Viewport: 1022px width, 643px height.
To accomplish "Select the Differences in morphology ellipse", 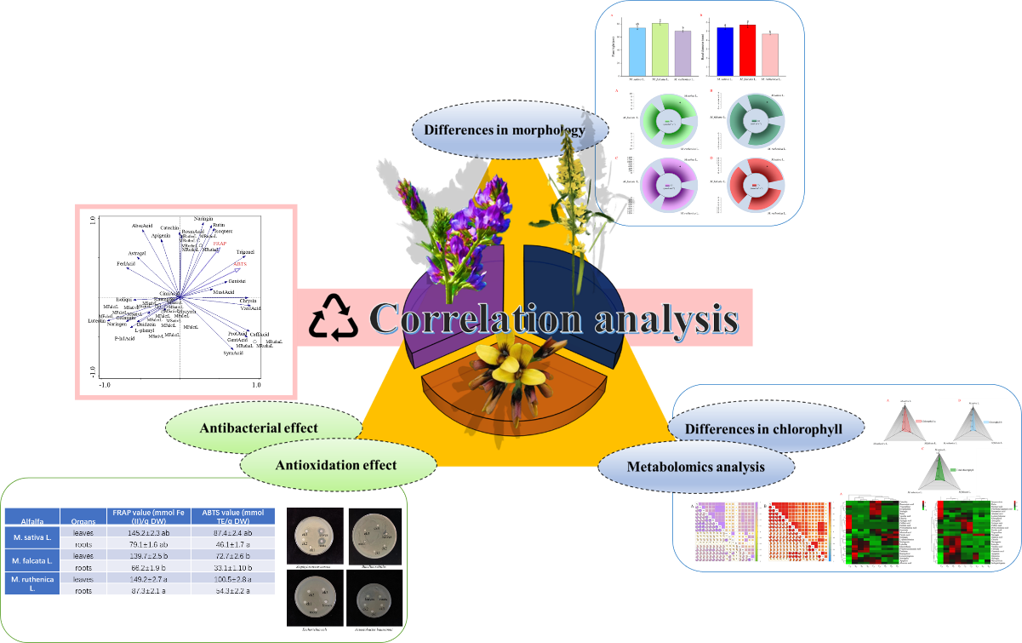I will pos(511,130).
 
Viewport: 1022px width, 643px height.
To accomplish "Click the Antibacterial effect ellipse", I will pos(259,428).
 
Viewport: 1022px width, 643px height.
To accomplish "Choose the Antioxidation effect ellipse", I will pos(337,464).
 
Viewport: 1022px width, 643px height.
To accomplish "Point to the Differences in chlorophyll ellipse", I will pos(767,429).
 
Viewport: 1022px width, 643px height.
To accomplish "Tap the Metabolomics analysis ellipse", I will pos(695,466).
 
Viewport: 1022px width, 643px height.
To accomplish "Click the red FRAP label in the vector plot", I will pos(220,244).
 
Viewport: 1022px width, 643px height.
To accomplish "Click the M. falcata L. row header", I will pos(32,561).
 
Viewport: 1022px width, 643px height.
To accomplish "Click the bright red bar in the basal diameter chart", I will pos(748,49).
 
